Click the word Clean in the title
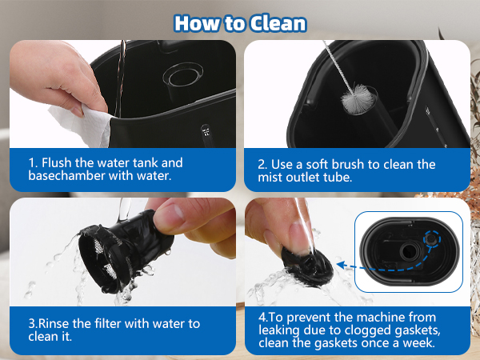click(273, 22)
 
